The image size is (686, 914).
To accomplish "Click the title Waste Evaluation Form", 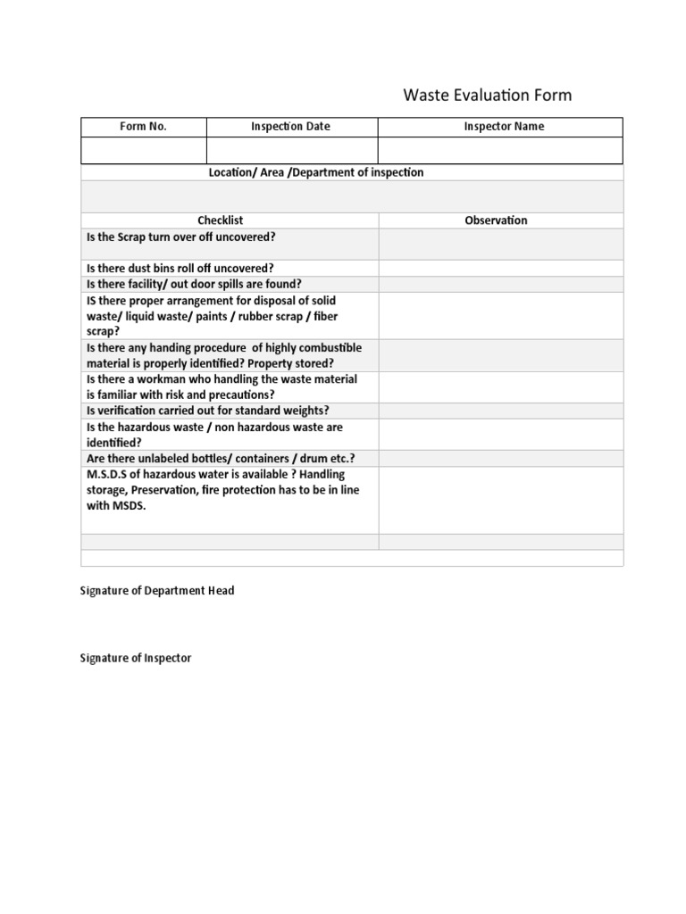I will click(488, 95).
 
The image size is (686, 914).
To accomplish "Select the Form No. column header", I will click(144, 127).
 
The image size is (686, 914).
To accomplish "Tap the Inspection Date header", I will click(290, 127).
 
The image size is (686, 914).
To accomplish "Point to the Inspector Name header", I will click(503, 127).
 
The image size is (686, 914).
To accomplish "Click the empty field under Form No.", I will click(144, 150).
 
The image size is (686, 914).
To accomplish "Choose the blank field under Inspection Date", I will click(292, 150).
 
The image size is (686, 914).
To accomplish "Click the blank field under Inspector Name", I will click(500, 150).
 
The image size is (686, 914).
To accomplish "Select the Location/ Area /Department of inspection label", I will click(316, 172).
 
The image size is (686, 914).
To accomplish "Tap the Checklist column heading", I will click(220, 220).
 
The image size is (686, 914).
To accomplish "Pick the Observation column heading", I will click(496, 220).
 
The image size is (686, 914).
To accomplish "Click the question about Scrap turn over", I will click(180, 237).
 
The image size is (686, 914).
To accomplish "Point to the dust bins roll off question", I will click(180, 268).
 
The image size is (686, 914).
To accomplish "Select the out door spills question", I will click(194, 284).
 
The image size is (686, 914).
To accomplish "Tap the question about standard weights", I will click(207, 411).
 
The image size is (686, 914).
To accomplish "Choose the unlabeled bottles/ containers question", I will click(214, 458).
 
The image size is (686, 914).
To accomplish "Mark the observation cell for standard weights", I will click(500, 411).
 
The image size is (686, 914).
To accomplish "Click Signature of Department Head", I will click(157, 591).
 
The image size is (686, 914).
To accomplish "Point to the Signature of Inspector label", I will click(136, 659).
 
